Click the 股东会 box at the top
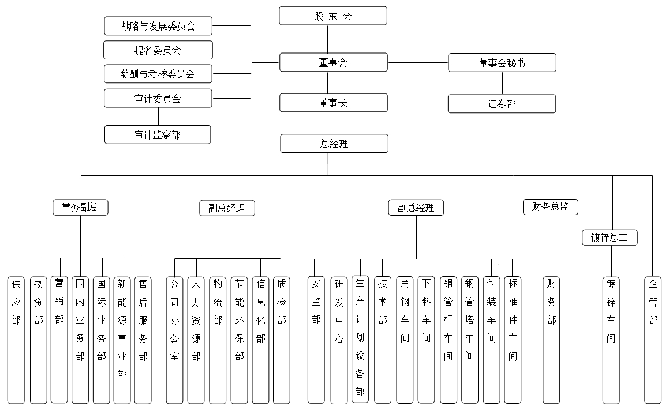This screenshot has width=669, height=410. [333, 16]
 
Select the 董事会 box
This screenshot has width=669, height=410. [333, 62]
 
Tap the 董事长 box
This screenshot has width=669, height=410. [333, 103]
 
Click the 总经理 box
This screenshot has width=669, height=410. [334, 144]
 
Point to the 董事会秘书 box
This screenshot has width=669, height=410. [502, 63]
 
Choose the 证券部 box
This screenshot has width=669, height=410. [502, 104]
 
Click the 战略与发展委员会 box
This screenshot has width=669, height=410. [158, 26]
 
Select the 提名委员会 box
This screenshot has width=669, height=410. [158, 50]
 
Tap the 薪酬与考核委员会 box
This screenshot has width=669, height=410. [158, 74]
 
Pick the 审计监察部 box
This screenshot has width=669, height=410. [158, 134]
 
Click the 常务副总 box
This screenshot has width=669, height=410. [80, 208]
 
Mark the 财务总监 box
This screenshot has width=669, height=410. [550, 206]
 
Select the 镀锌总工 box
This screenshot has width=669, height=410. [610, 237]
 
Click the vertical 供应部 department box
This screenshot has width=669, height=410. [16, 339]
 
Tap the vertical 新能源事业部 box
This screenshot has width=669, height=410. [122, 339]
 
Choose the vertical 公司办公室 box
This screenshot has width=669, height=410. [175, 339]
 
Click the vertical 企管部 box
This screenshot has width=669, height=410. [653, 339]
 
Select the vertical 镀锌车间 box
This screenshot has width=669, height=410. [611, 339]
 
